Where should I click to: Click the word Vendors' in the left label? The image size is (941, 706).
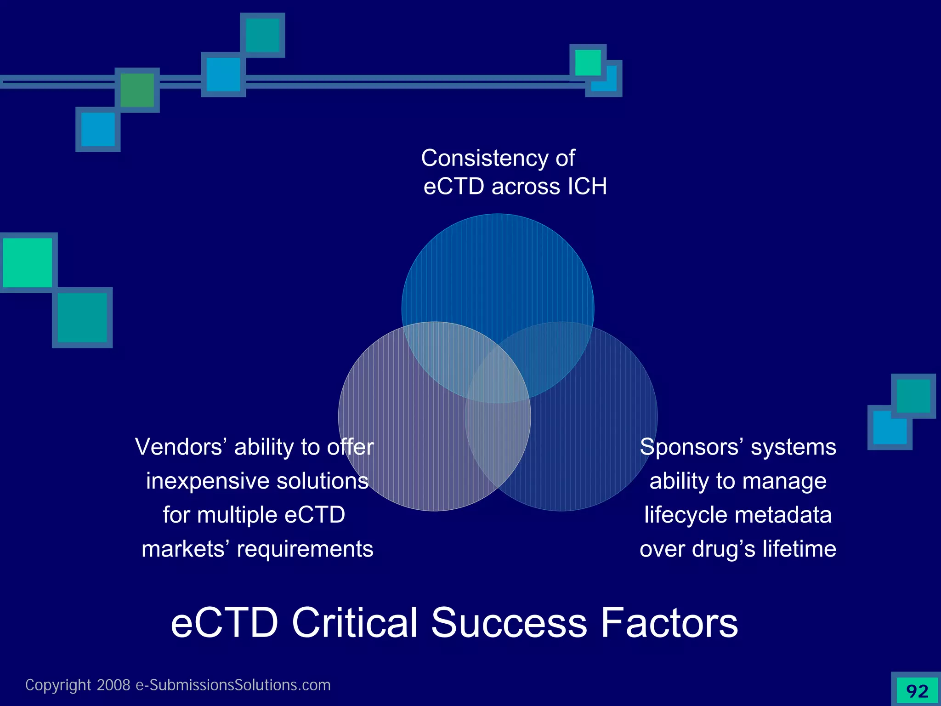click(x=181, y=447)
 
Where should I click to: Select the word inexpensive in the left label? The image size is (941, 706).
click(x=207, y=481)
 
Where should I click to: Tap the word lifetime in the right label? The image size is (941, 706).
click(x=799, y=549)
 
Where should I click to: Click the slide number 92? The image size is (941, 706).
click(x=917, y=691)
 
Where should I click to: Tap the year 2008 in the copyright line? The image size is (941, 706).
click(x=113, y=685)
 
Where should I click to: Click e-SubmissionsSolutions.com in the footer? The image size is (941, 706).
click(x=233, y=685)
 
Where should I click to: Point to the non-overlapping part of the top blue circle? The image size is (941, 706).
click(x=498, y=271)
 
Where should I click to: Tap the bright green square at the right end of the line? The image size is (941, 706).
click(x=588, y=63)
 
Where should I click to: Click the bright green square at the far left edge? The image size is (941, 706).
click(x=27, y=262)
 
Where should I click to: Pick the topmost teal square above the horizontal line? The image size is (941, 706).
click(x=262, y=35)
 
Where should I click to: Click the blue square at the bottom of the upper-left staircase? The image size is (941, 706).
click(x=98, y=129)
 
